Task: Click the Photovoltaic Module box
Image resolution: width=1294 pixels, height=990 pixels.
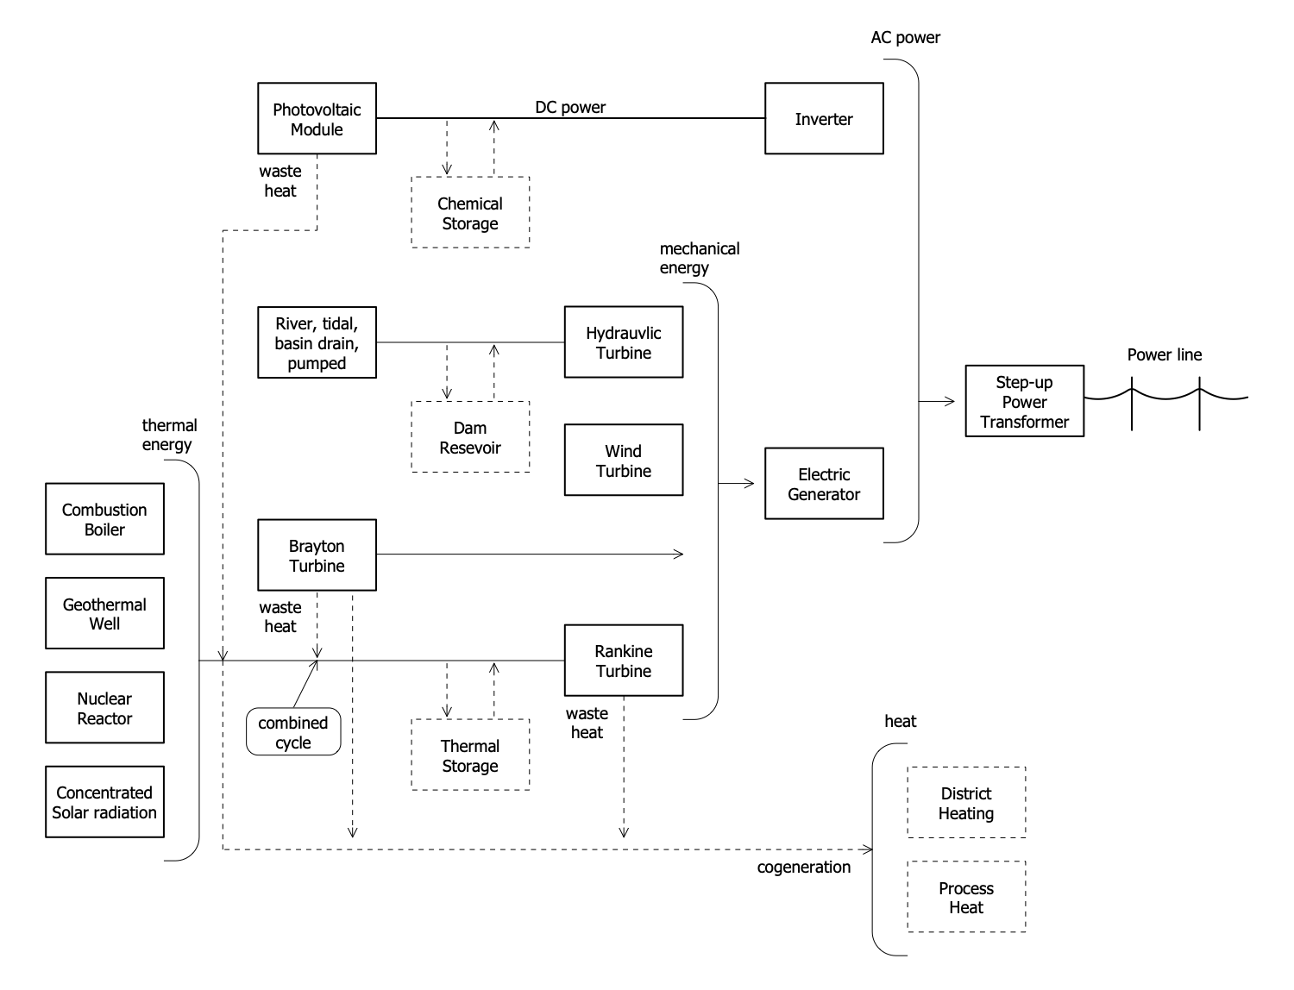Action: [317, 119]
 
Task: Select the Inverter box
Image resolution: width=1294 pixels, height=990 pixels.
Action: [824, 119]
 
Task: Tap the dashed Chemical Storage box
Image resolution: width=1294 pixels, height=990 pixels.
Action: [470, 213]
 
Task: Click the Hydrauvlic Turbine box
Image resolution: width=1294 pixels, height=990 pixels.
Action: [624, 342]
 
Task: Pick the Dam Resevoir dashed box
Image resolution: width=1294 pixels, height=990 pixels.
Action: [470, 437]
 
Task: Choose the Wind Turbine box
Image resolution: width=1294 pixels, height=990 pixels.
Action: [624, 461]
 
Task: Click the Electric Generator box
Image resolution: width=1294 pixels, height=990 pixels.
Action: [824, 484]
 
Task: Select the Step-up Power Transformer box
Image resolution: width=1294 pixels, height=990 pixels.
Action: [1024, 402]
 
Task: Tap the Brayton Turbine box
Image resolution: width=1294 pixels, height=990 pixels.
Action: [317, 555]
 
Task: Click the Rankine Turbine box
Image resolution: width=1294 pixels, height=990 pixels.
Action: [624, 661]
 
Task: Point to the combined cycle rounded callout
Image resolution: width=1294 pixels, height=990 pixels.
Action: [293, 732]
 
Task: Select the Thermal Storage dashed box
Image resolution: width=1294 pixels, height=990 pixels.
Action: [470, 755]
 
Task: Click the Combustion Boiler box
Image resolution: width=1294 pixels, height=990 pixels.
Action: [104, 519]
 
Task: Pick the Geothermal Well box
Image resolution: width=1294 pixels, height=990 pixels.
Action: [104, 613]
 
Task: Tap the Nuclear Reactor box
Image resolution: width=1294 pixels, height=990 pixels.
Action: [104, 708]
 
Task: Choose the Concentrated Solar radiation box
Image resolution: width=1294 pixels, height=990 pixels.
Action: [104, 802]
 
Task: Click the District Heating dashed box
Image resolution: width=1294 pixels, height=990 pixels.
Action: [966, 803]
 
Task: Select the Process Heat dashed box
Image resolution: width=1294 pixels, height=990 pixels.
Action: [966, 897]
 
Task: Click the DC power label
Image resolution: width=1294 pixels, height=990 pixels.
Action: [570, 107]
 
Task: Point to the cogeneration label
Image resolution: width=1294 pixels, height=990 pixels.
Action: [803, 867]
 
